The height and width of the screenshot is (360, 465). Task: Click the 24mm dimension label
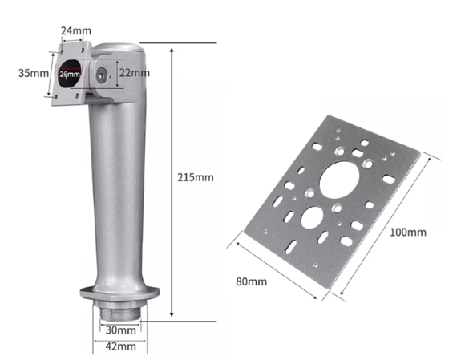[x=76, y=30]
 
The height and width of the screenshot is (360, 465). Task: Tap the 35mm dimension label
[x=34, y=73]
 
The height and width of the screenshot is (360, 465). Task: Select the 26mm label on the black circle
[x=70, y=74]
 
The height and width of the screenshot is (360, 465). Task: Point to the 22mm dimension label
[x=135, y=73]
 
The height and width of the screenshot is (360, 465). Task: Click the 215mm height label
[x=196, y=177]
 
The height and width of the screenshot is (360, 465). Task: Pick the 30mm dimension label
[x=121, y=330]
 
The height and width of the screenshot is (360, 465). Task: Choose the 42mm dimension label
[x=121, y=346]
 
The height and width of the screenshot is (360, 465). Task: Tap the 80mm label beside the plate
[x=251, y=281]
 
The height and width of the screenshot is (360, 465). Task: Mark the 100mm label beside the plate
[x=408, y=233]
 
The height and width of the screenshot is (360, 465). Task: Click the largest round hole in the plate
[x=339, y=180]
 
